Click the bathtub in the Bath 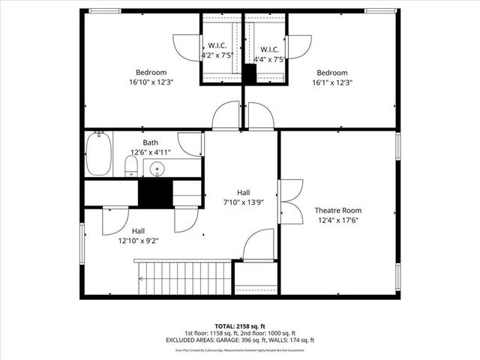[98, 154]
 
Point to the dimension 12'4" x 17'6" [337, 220]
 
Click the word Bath [151, 142]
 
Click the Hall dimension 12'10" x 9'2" [139, 241]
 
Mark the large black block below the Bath [156, 193]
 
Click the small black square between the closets [250, 73]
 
